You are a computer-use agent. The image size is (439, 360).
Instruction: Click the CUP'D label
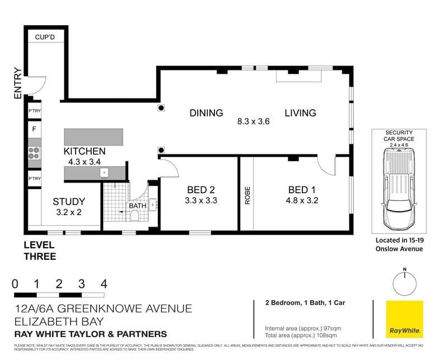[x=45, y=38]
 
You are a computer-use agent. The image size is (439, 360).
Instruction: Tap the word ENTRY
[x=17, y=84]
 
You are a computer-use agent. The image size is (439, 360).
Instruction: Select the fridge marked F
[x=34, y=129]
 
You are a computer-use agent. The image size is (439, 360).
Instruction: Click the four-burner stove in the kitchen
[x=34, y=153]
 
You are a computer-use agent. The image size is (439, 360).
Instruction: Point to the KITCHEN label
[x=84, y=151]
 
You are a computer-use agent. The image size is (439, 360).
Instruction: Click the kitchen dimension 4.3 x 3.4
[x=84, y=162]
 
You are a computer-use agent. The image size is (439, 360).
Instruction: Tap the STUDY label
[x=69, y=202]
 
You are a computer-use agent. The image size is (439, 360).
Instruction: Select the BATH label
[x=137, y=206]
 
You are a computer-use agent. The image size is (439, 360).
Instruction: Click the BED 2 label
[x=200, y=189]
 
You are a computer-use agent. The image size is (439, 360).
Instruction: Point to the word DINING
[x=206, y=113]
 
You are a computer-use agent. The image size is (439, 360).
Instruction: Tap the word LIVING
[x=300, y=113]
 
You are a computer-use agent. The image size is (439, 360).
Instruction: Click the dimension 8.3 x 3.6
[x=254, y=121]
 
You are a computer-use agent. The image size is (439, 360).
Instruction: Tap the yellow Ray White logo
[x=404, y=320]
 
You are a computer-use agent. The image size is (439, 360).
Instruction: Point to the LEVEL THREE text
[x=39, y=251]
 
